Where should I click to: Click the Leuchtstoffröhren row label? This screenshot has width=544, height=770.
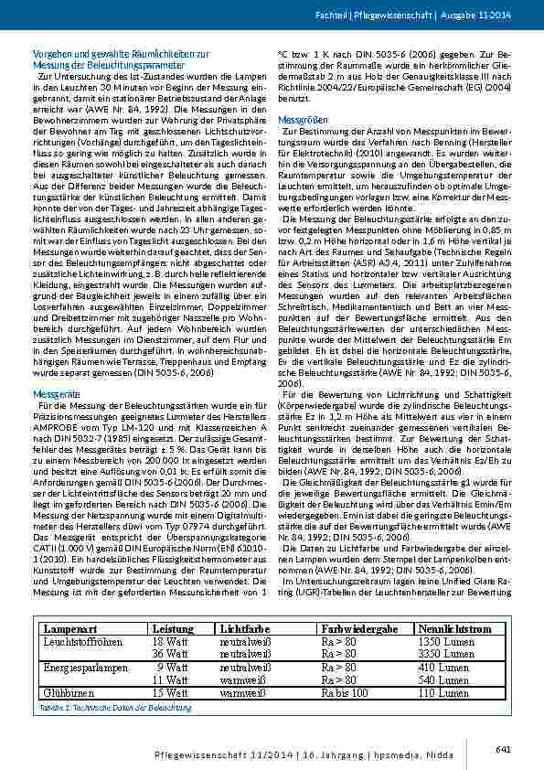(x=82, y=642)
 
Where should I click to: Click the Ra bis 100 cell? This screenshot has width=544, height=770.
(x=349, y=693)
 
